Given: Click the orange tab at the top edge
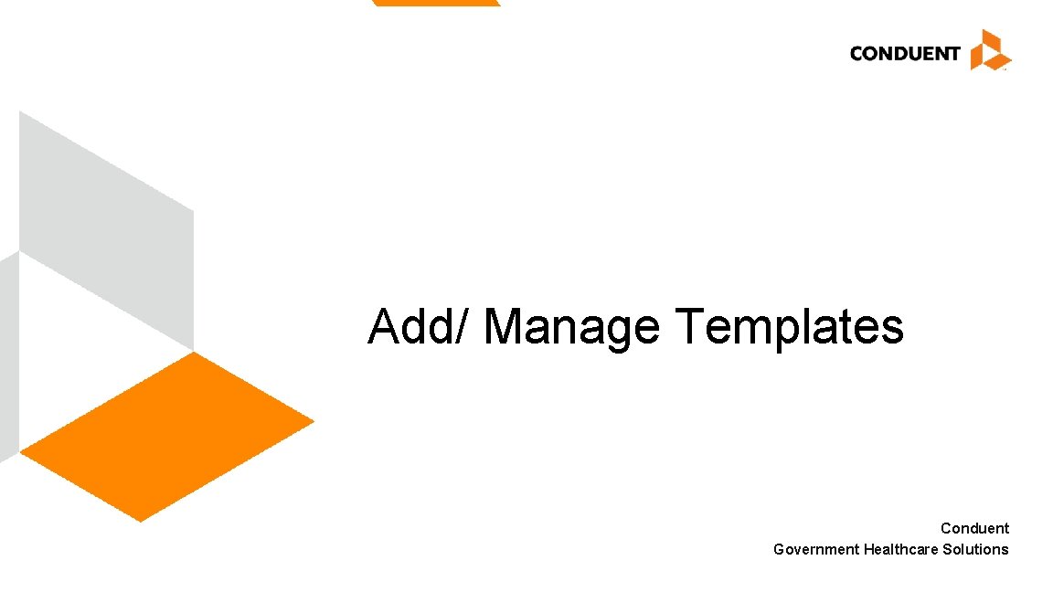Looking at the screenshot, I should coord(436,3).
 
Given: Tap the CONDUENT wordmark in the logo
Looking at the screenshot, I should coord(904,53).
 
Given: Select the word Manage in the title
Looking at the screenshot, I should coord(571,326).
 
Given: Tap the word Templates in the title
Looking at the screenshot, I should coord(790,326).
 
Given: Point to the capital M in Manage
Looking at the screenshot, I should coord(505,326).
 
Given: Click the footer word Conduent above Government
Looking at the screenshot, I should coord(974,528).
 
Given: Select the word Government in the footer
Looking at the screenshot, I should coord(816,549).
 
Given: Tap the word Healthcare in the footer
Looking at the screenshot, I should coord(900,549).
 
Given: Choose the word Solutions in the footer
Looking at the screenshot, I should coord(975,549).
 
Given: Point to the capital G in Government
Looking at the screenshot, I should coord(779,549).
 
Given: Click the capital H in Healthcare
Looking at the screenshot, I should coord(868,549).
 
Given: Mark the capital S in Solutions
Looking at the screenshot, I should coord(947,549).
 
